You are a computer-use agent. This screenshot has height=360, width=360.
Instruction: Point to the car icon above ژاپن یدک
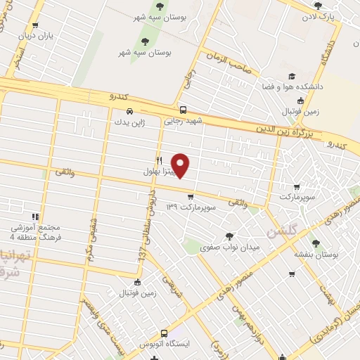point(129,111)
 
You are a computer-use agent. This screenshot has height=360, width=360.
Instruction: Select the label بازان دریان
point(35,34)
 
